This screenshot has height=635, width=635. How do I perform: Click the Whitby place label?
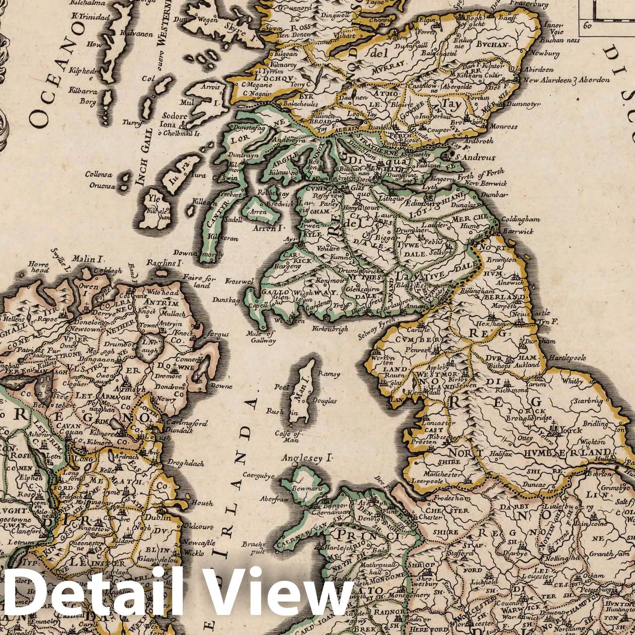tap(573, 381)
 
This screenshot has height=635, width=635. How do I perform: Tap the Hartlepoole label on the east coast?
tap(567, 358)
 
